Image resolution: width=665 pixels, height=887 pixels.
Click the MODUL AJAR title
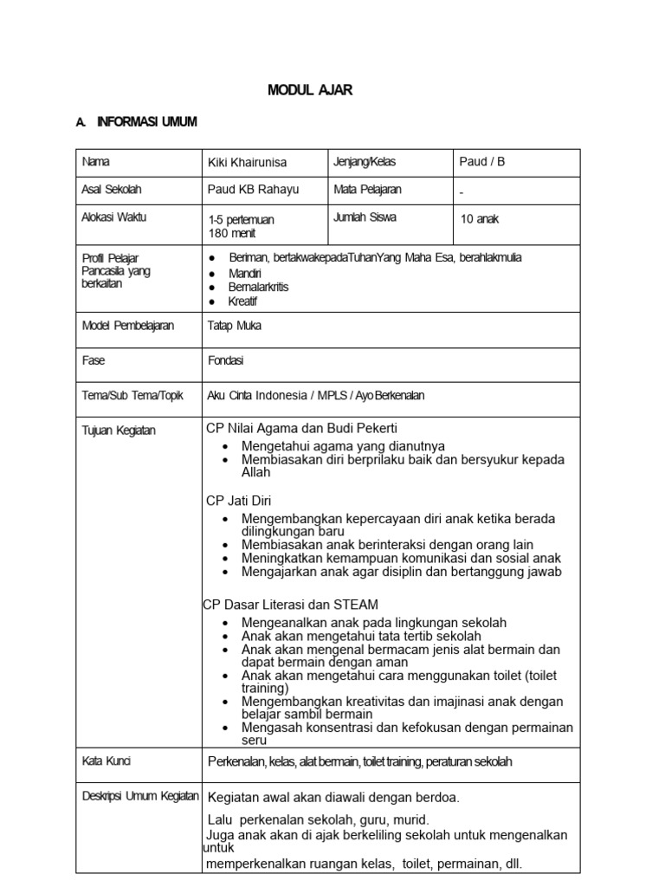click(309, 90)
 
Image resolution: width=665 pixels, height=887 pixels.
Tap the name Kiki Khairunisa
click(247, 162)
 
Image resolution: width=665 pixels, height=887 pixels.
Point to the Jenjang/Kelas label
click(365, 161)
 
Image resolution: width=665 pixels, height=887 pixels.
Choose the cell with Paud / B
click(482, 162)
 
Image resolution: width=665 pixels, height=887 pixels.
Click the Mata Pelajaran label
click(367, 189)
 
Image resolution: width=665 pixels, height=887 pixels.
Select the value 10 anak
click(480, 219)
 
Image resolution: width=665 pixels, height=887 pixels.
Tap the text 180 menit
click(232, 233)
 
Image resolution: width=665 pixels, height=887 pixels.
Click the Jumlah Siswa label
click(365, 217)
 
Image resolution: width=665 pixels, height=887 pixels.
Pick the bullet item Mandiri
click(245, 273)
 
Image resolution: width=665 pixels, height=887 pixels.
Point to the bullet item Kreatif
click(242, 301)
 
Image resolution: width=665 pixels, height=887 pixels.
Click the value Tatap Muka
click(235, 326)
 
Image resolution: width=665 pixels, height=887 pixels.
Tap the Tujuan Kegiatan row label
click(119, 431)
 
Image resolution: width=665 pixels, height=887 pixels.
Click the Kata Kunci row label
click(107, 761)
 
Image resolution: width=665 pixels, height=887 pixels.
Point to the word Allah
click(256, 473)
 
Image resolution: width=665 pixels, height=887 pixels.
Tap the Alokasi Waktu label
click(114, 217)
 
